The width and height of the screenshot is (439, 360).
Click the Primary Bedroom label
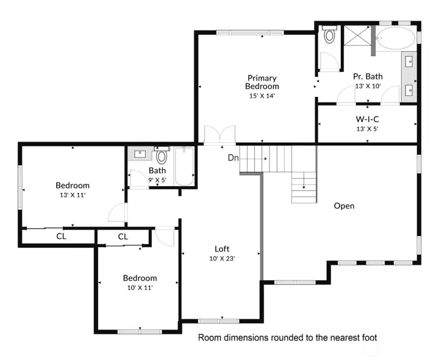pos(262,82)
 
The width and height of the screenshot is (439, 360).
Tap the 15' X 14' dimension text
pos(262,96)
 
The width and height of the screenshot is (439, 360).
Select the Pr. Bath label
pos(368,76)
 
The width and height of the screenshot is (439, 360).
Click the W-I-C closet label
pos(368,119)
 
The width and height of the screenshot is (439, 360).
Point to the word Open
pos(344,206)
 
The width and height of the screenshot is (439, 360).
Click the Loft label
pos(222,248)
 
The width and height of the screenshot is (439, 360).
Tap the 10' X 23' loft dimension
pos(222,258)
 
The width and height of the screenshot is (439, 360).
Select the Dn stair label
pos(233,158)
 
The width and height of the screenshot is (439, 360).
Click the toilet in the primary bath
pos(330,35)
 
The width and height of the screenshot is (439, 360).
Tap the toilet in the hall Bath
pos(162,156)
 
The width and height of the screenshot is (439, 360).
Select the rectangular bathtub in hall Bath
pos(184,166)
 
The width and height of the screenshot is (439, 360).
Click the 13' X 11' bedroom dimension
pos(73,196)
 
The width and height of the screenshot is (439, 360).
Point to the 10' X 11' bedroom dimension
pos(140,287)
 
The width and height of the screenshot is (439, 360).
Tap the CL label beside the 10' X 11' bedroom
pos(123,236)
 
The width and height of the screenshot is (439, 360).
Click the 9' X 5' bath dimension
pos(157,180)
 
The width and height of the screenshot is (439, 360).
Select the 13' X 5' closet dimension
pos(368,129)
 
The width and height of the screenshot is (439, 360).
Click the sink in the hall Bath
pos(140,154)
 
